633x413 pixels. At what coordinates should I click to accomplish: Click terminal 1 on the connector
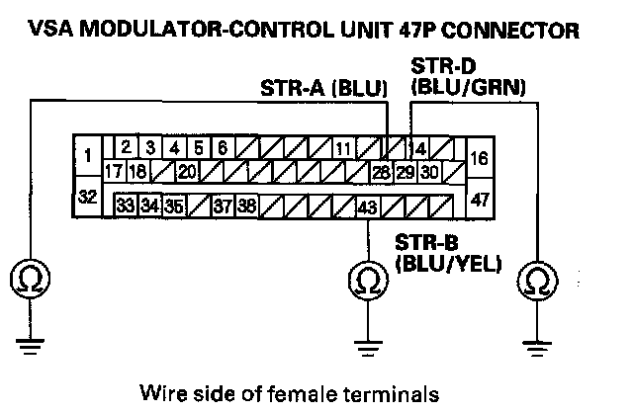click(x=87, y=155)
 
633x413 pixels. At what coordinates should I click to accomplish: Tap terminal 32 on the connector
click(x=87, y=198)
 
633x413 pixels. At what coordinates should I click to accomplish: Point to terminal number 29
click(x=406, y=172)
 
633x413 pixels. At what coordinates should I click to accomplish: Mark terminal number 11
click(x=343, y=150)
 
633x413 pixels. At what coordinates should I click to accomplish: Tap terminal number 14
click(x=417, y=150)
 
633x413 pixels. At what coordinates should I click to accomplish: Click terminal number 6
click(x=223, y=148)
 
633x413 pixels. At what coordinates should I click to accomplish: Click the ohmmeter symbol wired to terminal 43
click(x=367, y=280)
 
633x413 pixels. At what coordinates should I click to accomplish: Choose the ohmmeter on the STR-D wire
click(x=537, y=280)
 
